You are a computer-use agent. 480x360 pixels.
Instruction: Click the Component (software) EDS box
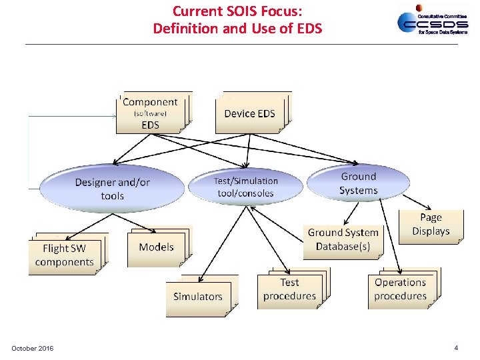(x=151, y=113)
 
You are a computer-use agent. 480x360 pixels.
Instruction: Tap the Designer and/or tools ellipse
(x=112, y=189)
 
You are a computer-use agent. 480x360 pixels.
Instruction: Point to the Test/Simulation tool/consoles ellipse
(x=245, y=187)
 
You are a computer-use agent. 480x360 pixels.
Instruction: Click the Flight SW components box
(x=64, y=255)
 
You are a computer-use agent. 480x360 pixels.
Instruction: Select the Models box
(x=156, y=247)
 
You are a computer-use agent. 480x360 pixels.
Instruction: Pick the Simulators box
(x=198, y=296)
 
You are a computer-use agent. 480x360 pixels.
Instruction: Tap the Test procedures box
(x=289, y=289)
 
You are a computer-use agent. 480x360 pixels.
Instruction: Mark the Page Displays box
(x=431, y=225)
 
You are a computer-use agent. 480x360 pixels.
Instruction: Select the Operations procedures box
(x=400, y=289)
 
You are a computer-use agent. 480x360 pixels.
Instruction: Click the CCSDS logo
(x=427, y=21)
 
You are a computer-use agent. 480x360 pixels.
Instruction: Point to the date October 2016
(x=33, y=349)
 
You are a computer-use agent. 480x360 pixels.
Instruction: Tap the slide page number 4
(x=456, y=348)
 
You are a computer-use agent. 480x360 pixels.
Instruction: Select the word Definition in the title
(x=184, y=29)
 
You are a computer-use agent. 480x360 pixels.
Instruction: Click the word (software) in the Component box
(x=150, y=114)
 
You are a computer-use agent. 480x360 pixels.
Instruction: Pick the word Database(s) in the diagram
(x=343, y=247)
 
